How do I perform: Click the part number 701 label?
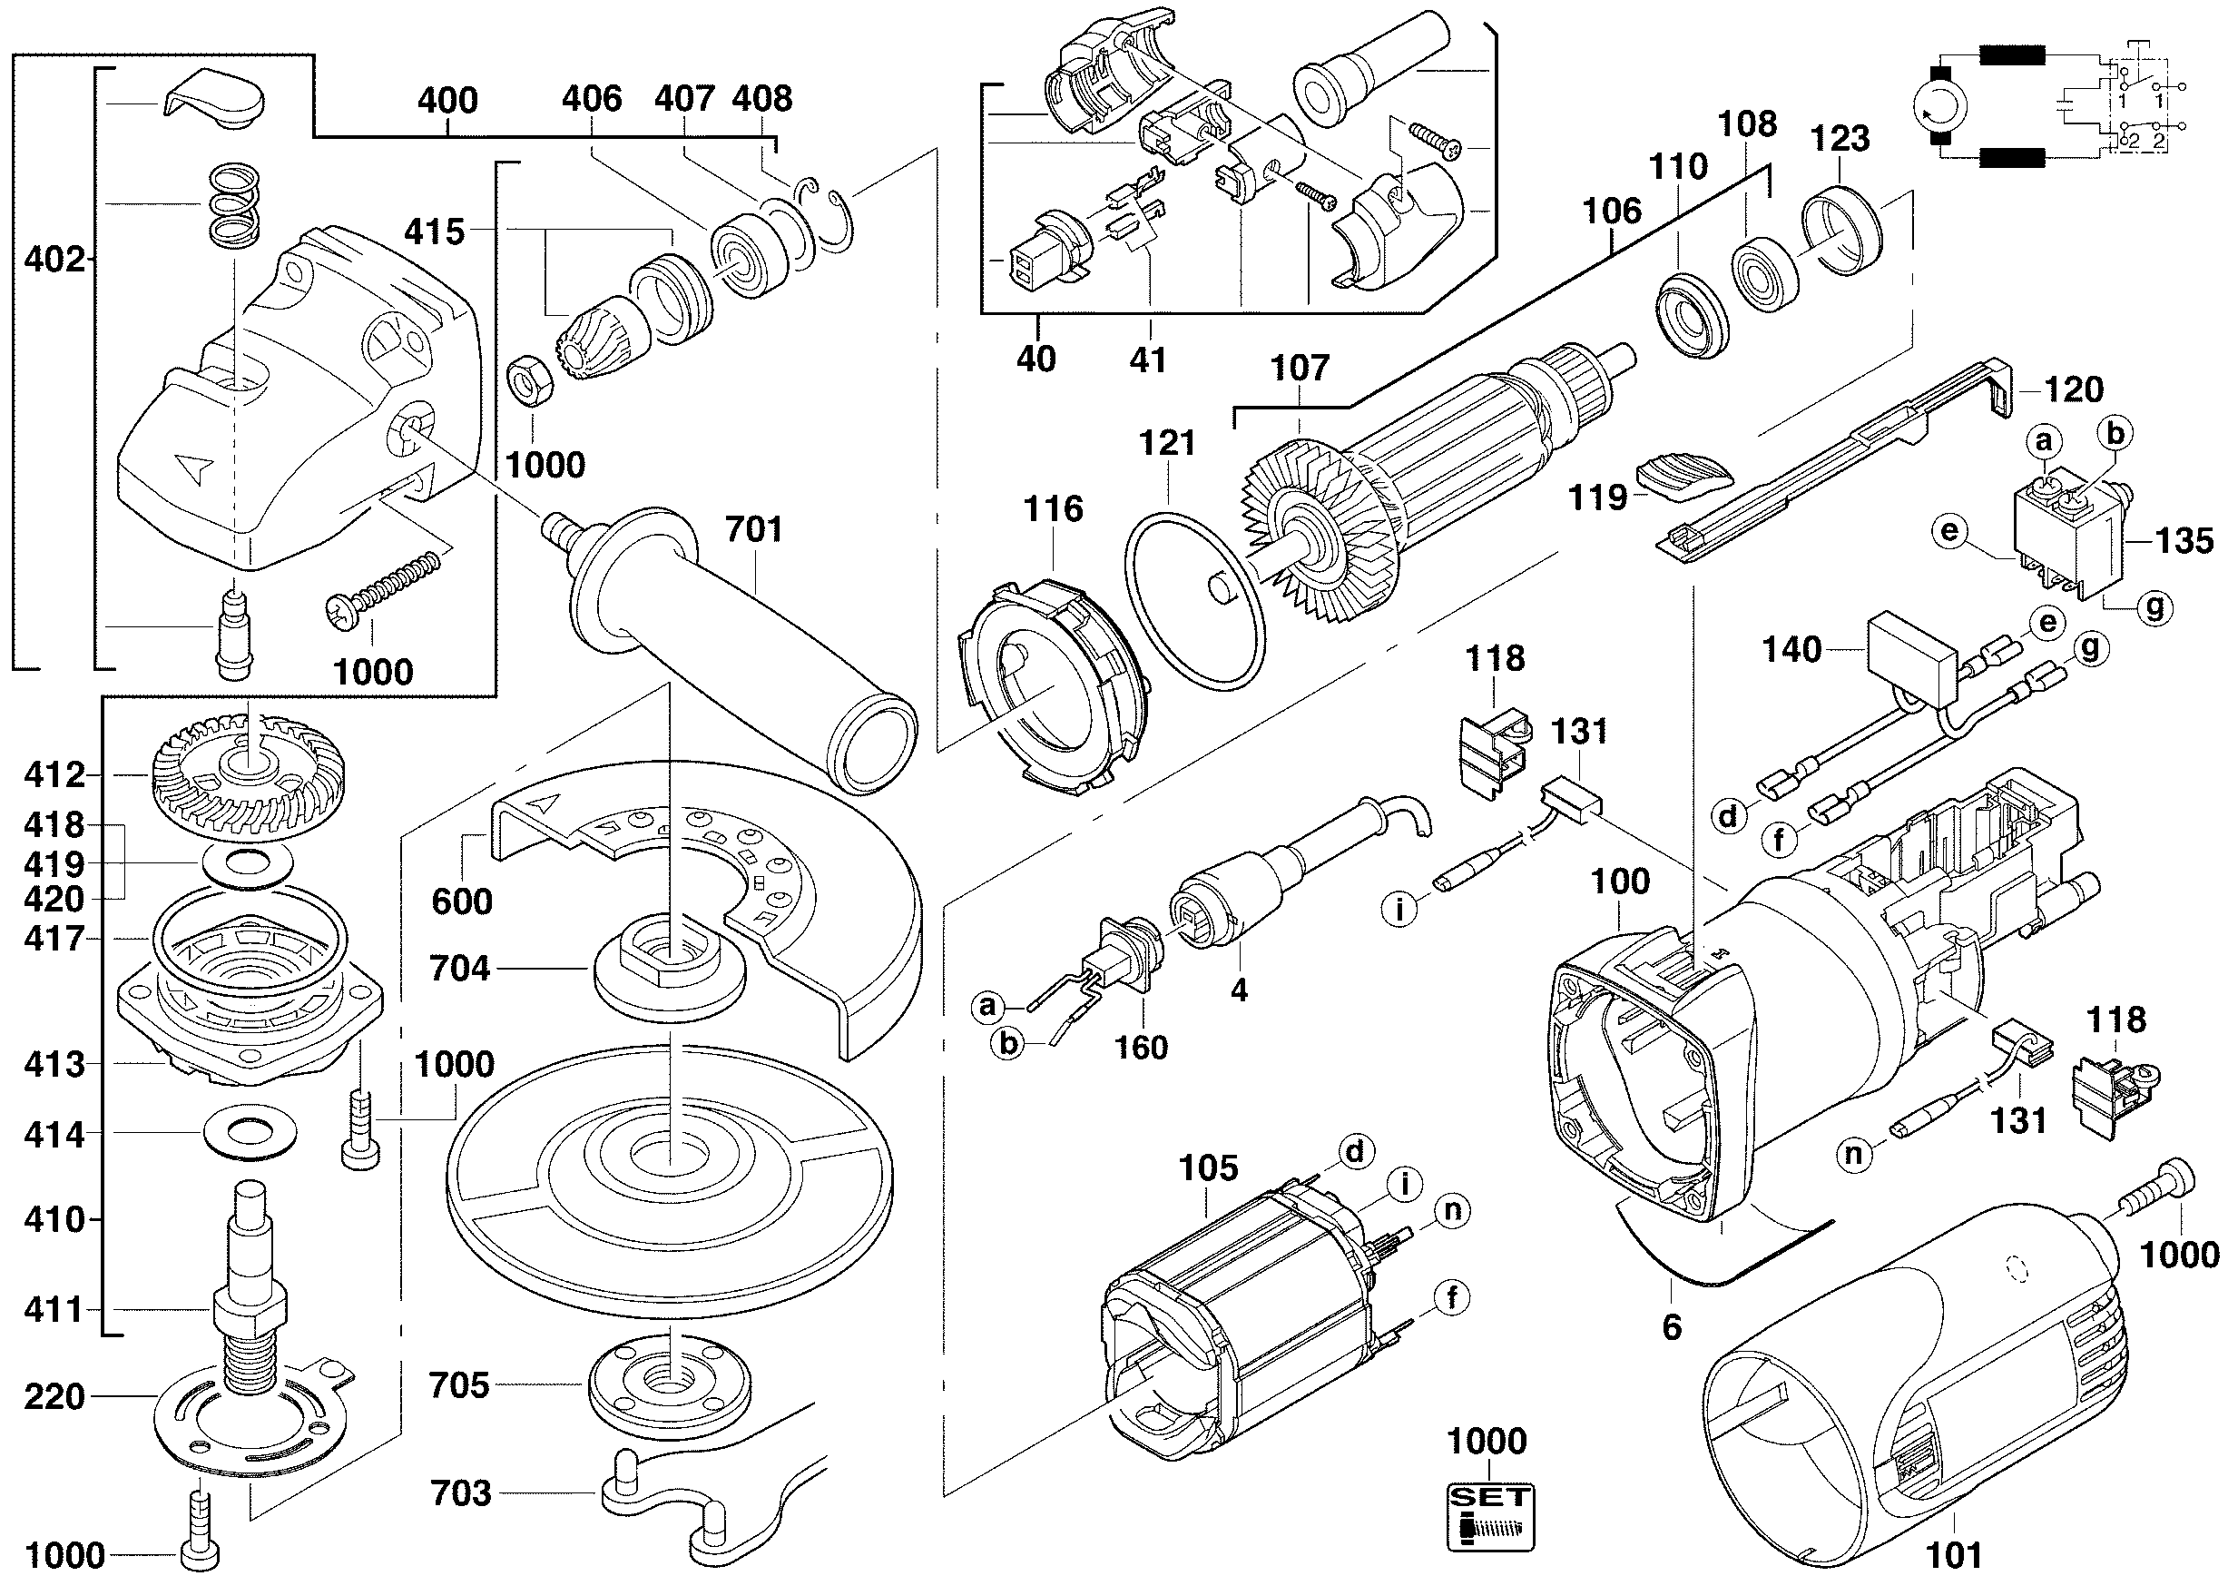(753, 530)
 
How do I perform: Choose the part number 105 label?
(1208, 1167)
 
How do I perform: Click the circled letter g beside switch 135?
(2154, 607)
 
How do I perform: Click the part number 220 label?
(54, 1397)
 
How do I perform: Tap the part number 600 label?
(462, 901)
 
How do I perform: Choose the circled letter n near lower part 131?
(1854, 1154)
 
